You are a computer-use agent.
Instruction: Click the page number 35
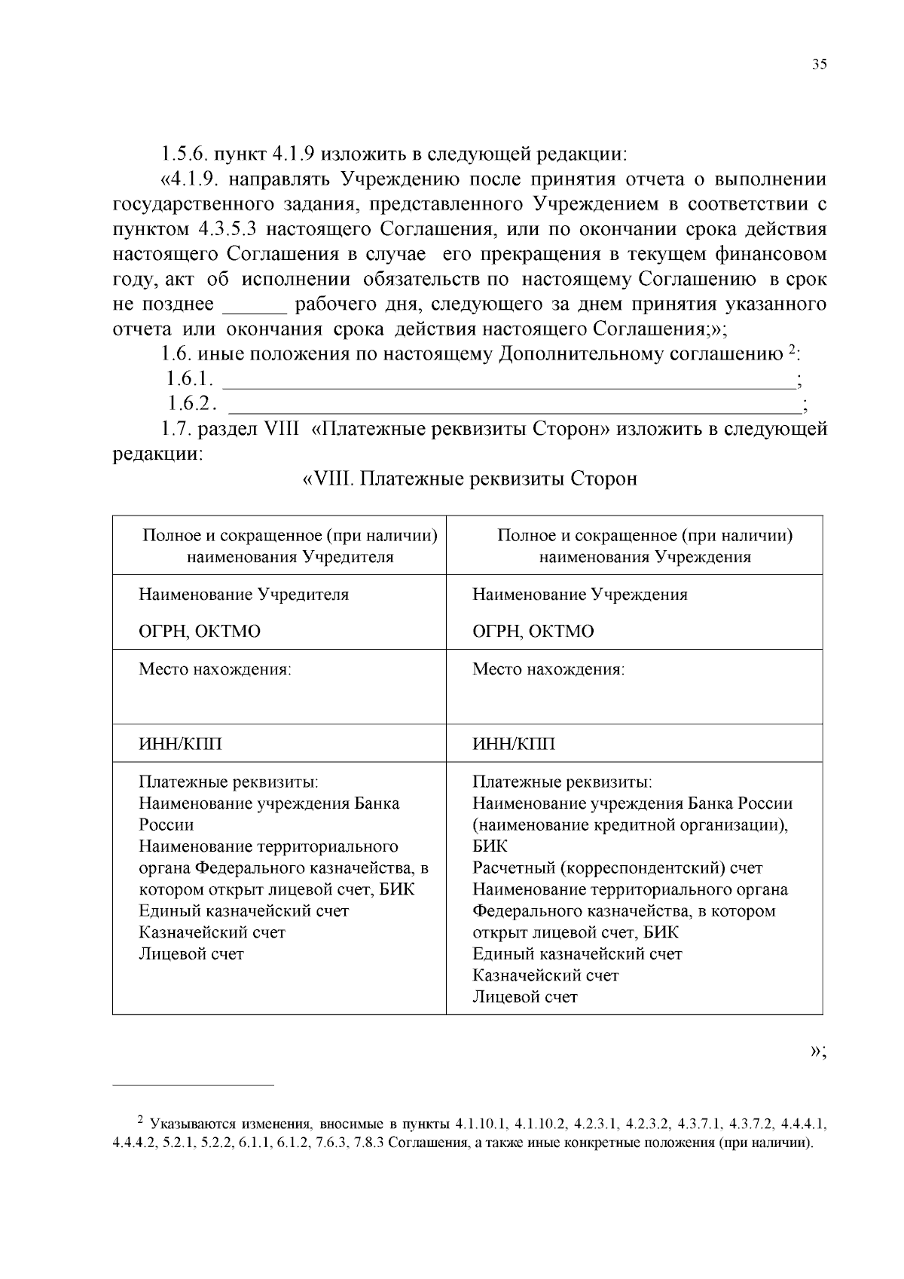click(x=819, y=64)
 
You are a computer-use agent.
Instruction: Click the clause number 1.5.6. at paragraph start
click(x=183, y=155)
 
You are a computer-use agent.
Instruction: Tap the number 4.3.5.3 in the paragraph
click(x=231, y=229)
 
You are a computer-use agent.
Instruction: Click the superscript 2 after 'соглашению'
click(x=792, y=350)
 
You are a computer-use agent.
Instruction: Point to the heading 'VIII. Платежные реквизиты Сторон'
click(x=470, y=479)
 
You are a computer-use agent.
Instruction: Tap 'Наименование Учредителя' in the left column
click(x=243, y=595)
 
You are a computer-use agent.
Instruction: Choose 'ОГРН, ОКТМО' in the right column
click(x=533, y=632)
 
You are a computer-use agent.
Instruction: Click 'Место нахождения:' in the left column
click(x=215, y=669)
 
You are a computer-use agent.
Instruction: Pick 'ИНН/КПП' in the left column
click(x=180, y=745)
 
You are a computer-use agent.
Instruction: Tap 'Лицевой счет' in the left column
click(x=191, y=954)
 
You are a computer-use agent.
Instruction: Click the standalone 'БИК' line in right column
click(x=490, y=846)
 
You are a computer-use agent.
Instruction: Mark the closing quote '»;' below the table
click(x=818, y=1052)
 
